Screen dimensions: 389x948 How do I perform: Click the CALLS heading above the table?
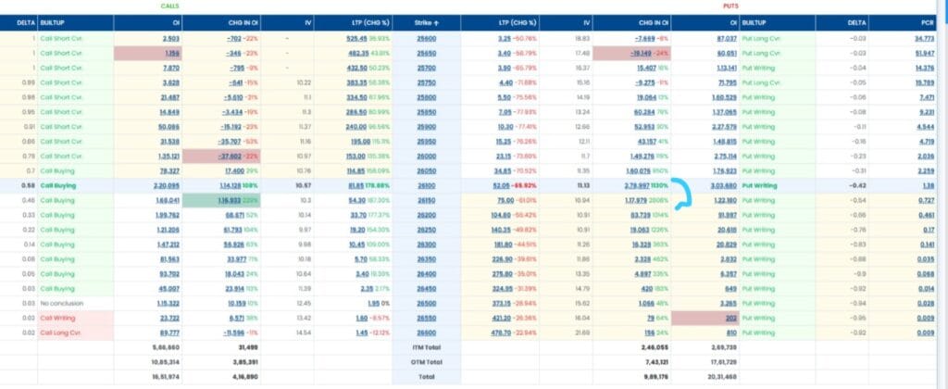pyautogui.click(x=169, y=6)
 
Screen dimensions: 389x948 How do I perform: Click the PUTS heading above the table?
pyautogui.click(x=730, y=6)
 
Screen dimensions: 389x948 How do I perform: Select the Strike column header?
pyautogui.click(x=427, y=21)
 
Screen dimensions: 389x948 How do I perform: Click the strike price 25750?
pyautogui.click(x=427, y=81)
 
